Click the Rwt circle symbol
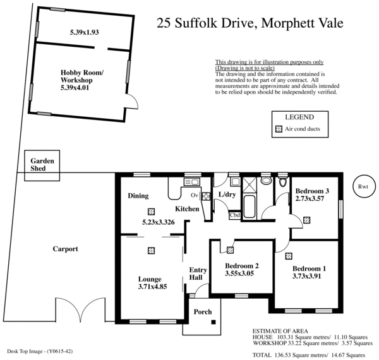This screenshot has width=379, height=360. coord(363,186)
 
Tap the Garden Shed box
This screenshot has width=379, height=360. coord(43,165)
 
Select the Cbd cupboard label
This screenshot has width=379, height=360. coord(235,215)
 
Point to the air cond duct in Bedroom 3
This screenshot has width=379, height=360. coord(307,220)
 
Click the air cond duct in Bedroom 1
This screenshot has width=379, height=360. coord(289,256)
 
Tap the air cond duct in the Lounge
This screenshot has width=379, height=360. coord(151,250)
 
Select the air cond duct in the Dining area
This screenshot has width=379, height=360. coord(151,212)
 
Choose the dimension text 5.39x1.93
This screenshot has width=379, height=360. coord(87,31)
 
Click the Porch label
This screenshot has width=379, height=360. coord(203,312)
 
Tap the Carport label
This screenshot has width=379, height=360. coord(65,249)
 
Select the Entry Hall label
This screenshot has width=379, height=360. coord(198,273)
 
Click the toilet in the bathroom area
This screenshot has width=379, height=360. coord(266,182)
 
